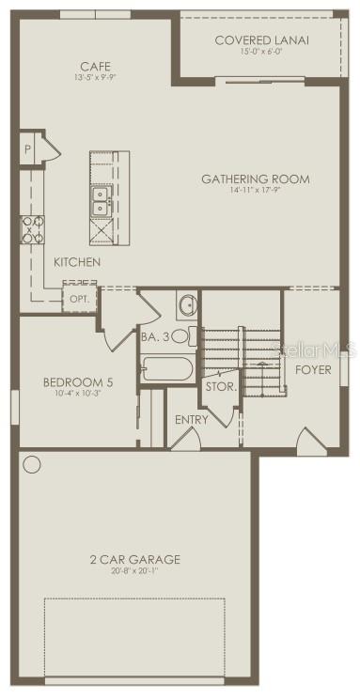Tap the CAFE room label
(95, 67)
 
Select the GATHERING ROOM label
(256, 179)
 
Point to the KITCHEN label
(76, 262)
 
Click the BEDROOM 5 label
(72, 381)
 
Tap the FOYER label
(313, 369)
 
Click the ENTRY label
(192, 419)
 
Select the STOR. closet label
(221, 386)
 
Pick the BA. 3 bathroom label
(153, 335)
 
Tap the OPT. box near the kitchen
(77, 298)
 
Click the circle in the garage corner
(34, 464)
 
